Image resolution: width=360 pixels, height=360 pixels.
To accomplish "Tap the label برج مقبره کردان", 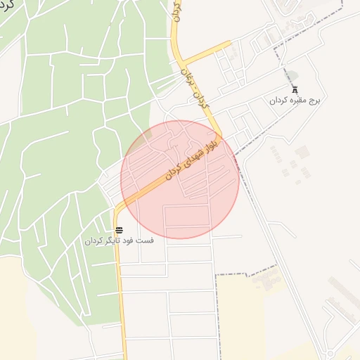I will point(295,101).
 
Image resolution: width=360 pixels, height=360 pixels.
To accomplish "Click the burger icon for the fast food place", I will point(119,230).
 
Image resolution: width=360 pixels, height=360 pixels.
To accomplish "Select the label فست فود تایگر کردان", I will point(119,240).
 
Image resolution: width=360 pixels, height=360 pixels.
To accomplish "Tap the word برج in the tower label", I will point(314,101).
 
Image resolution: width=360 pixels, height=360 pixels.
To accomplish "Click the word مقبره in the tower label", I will point(297,101).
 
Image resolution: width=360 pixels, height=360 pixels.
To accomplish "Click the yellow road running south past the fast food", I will point(120,295).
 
